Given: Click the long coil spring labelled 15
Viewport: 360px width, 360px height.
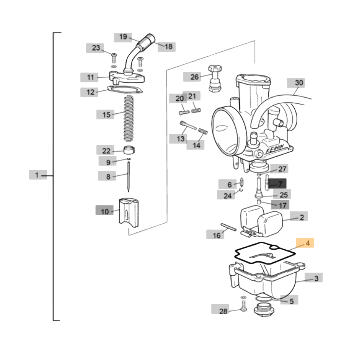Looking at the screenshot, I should (x=129, y=118).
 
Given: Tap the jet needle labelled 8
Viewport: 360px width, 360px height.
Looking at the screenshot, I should (x=128, y=177).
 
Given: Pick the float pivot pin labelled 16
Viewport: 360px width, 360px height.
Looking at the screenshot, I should (x=228, y=227).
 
